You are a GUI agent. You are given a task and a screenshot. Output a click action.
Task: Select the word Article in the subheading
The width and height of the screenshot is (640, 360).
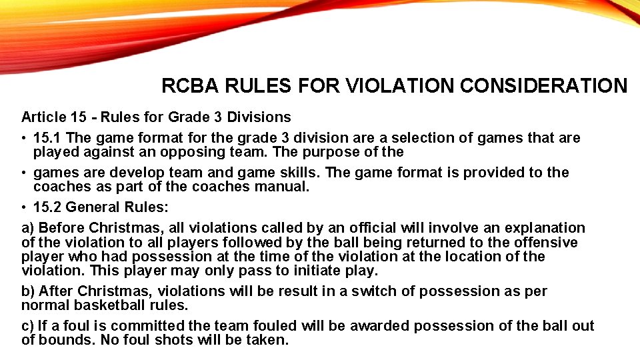tap(43, 117)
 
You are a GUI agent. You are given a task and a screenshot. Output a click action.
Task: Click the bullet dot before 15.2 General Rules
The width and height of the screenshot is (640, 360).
tap(24, 207)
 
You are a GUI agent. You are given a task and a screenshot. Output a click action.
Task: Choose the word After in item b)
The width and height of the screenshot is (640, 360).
tap(56, 291)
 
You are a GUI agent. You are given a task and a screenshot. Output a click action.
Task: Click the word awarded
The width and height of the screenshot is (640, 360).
tap(375, 326)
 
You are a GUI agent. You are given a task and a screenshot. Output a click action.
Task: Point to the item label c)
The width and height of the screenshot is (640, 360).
tap(27, 326)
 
